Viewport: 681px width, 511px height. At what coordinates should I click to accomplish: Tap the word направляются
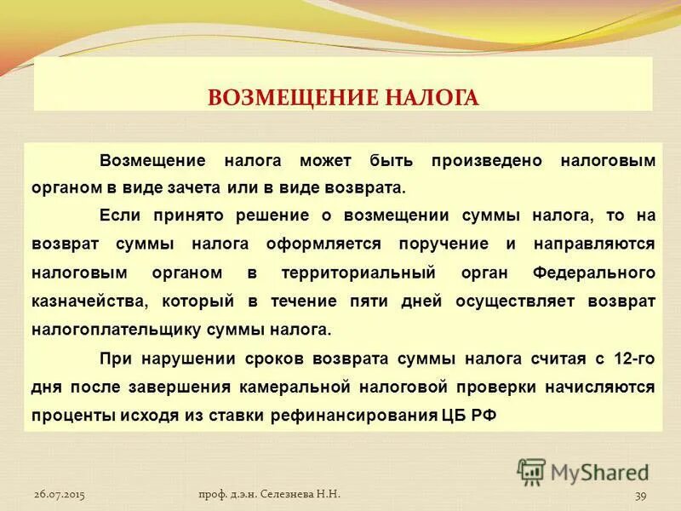(595, 244)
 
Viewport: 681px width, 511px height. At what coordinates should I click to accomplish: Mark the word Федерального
(593, 273)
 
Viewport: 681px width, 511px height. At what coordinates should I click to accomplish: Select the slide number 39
(643, 495)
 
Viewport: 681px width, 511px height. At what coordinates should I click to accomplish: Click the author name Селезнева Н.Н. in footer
(304, 494)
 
